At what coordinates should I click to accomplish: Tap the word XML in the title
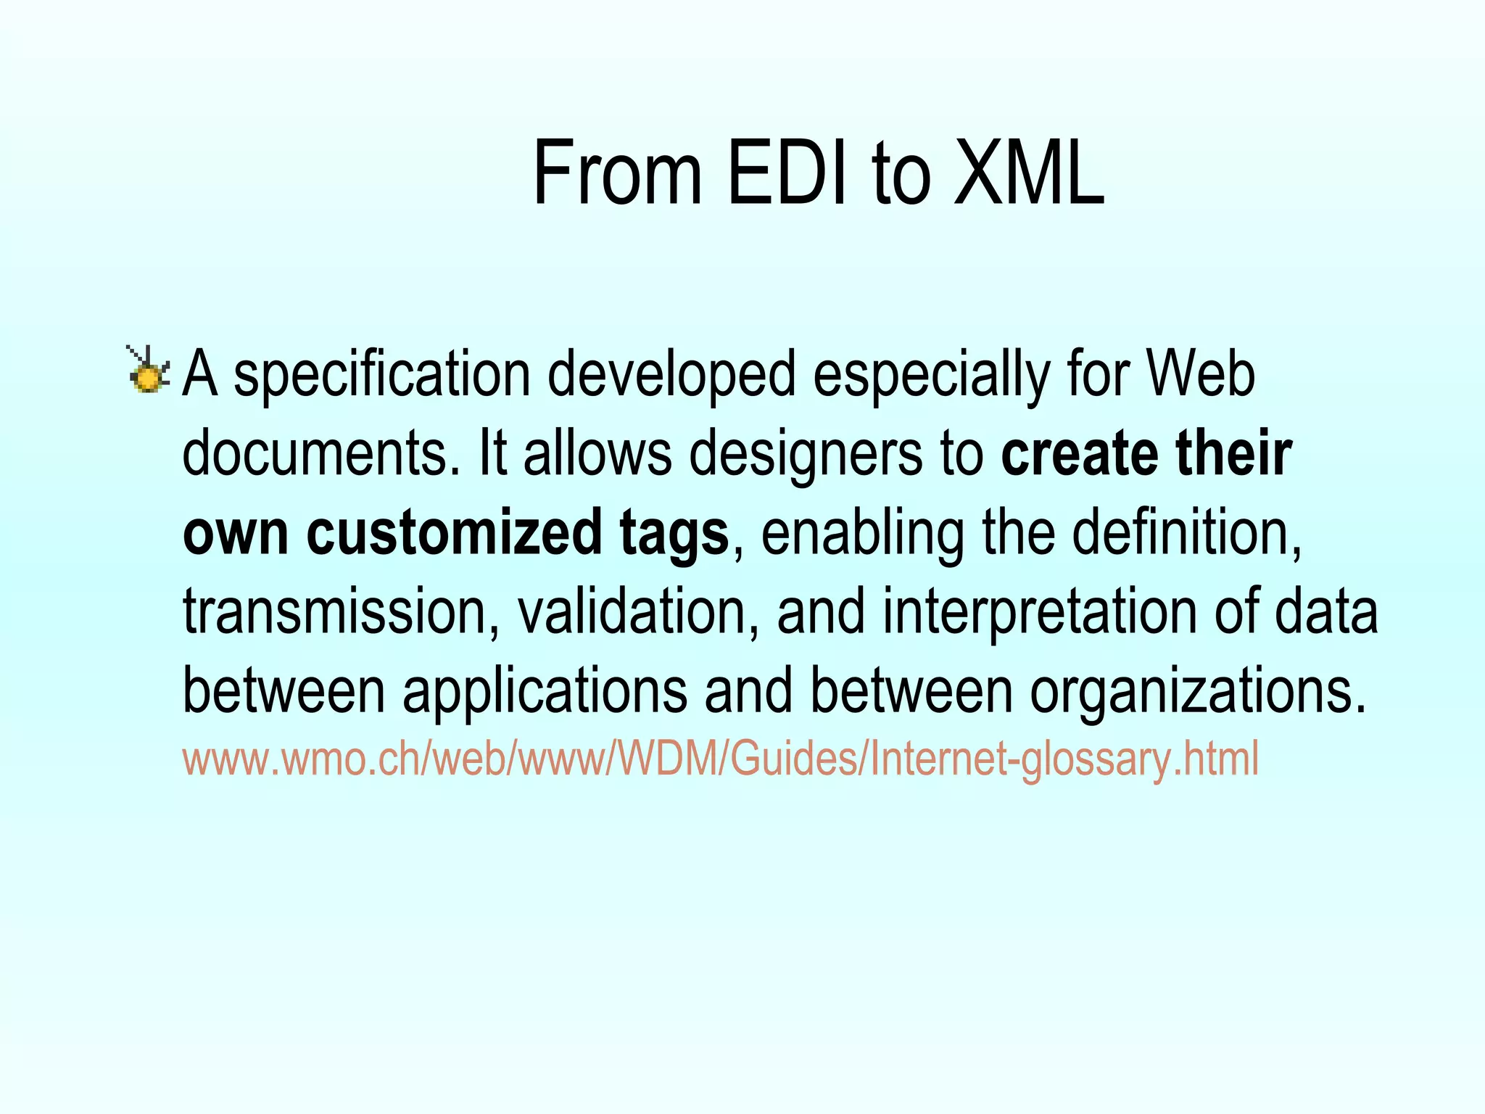click(1029, 174)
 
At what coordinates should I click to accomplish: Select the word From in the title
click(617, 174)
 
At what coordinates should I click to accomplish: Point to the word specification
click(382, 376)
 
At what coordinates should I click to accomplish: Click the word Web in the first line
click(1201, 374)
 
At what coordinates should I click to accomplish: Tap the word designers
click(805, 455)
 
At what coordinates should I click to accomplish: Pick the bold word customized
click(454, 533)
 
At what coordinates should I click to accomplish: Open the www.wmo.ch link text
click(719, 759)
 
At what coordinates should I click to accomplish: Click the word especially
click(930, 376)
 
